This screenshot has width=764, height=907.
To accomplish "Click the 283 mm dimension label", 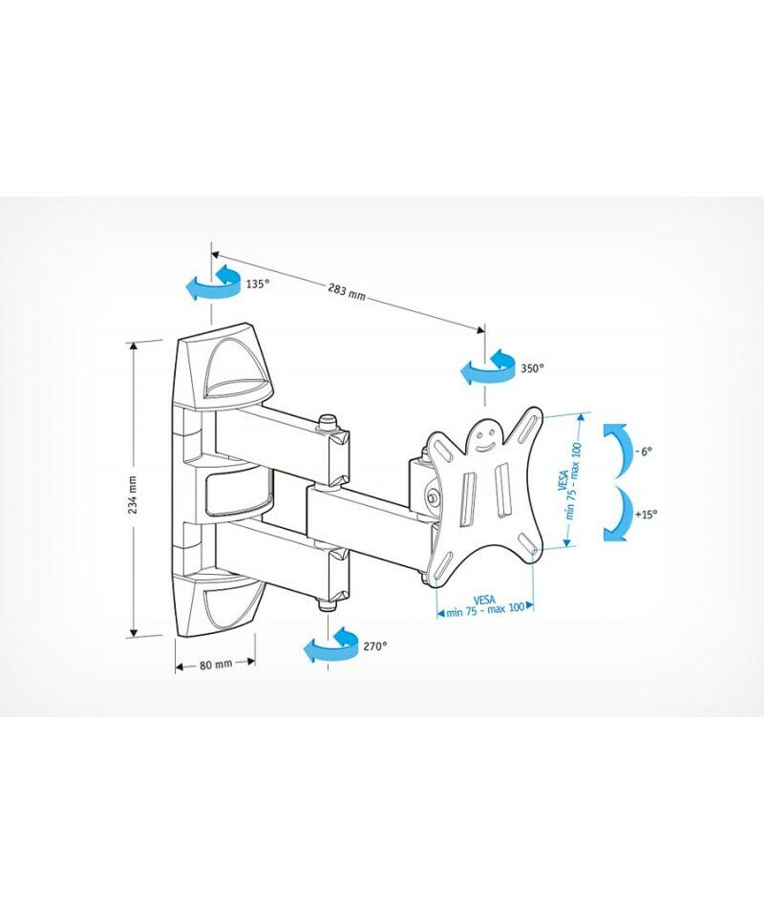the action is [x=348, y=290].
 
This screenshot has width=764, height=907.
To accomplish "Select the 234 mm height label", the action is [x=133, y=495].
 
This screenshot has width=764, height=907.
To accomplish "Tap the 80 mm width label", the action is [x=216, y=664].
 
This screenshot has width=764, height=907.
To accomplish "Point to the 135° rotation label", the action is [x=258, y=284].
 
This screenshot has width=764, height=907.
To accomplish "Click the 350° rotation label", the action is [x=532, y=368].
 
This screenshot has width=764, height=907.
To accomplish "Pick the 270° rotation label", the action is [x=375, y=646].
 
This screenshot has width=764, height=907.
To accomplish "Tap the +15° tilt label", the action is [x=646, y=514].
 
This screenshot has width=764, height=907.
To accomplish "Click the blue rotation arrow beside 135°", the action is [x=213, y=284].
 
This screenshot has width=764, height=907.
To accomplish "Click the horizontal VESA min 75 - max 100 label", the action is [x=485, y=605].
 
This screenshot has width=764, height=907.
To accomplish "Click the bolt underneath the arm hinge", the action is [x=329, y=604].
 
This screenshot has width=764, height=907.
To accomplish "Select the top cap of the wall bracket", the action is [x=223, y=367].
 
